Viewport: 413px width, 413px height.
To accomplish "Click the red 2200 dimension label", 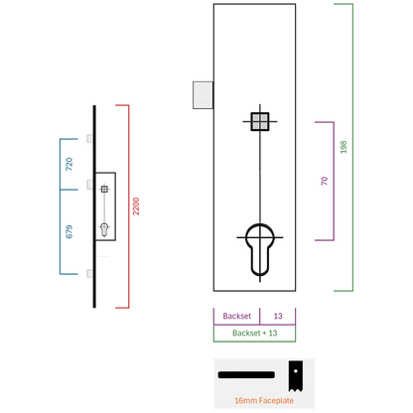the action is click(x=136, y=206).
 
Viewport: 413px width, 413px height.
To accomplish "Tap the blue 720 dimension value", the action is click(x=69, y=164).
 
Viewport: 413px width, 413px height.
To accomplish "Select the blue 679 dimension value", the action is click(x=69, y=231).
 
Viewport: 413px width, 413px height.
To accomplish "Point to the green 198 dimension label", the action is click(x=344, y=147).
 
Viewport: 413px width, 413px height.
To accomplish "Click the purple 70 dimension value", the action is click(x=325, y=181).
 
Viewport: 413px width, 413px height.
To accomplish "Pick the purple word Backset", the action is click(x=237, y=316).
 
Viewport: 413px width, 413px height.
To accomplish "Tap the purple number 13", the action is click(x=278, y=316).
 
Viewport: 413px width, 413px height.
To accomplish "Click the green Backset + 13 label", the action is click(x=255, y=333).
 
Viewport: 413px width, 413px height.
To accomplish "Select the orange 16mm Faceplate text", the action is click(x=264, y=400).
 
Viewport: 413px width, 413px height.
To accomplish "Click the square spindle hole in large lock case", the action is click(x=260, y=121).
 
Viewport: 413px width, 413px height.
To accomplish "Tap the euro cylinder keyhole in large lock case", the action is click(x=260, y=250).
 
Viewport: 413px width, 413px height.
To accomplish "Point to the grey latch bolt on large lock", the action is click(x=203, y=95).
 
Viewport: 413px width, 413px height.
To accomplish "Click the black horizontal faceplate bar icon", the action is click(x=246, y=374).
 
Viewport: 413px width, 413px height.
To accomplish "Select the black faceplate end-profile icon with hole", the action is click(x=295, y=376).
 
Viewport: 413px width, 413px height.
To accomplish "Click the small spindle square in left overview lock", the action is click(x=104, y=189).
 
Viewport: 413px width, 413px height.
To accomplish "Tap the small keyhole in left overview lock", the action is click(x=104, y=229).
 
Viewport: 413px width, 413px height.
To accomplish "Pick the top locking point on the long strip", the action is click(x=90, y=138).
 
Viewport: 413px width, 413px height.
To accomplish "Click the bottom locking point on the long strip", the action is click(x=90, y=273).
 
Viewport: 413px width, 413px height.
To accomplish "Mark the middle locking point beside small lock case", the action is click(x=90, y=185).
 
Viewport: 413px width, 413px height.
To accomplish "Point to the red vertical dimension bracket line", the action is click(x=128, y=206).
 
